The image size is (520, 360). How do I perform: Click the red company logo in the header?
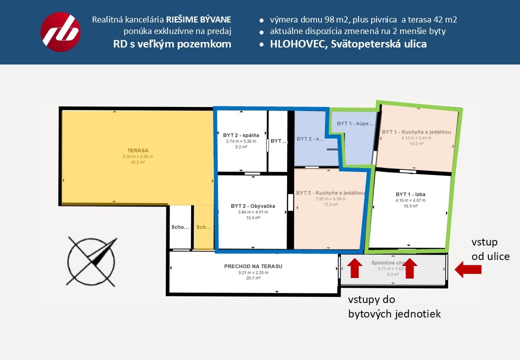point(60,32)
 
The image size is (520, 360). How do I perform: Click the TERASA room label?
point(137,150)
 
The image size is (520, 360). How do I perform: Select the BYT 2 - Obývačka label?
point(252,205)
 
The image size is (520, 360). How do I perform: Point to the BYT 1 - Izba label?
point(410,194)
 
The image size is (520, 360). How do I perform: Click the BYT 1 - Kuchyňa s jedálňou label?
point(416,132)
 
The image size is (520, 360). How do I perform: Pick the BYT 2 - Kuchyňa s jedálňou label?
point(330,192)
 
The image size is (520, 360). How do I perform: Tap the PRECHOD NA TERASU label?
point(253,266)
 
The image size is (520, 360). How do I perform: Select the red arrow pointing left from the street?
point(468,270)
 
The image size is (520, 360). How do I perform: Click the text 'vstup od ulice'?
point(490,249)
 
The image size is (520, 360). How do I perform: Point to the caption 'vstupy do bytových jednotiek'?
point(394,307)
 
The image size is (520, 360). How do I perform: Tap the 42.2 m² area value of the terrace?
point(137,162)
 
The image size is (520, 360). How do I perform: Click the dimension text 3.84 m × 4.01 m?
point(252,212)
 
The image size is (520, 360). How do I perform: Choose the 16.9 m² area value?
point(410,206)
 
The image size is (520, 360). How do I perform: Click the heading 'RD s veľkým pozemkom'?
point(172,44)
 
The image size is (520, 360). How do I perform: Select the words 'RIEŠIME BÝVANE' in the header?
point(198,20)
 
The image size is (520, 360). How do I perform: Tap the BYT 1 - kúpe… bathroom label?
point(355,123)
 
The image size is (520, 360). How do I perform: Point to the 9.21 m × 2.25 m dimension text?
point(253,272)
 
